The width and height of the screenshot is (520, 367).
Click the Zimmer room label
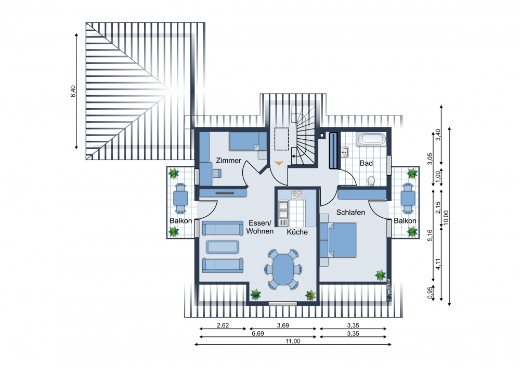pos(228,161)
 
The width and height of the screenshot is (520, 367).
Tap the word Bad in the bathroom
pos(366,163)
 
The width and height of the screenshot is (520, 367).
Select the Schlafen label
pos(350,212)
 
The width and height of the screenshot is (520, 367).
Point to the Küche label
pos(297,232)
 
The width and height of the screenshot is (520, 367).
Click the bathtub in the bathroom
pos(371,139)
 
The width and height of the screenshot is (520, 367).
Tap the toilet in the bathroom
pos(371,181)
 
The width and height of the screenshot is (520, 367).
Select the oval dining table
pos(283,269)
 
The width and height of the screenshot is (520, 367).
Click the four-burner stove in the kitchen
pos(297,194)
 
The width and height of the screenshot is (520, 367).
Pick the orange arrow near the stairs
pos(279,163)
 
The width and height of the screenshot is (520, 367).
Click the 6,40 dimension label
pos(73,91)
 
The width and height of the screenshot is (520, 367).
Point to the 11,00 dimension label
pos(293,341)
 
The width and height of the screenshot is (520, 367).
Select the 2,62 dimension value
pos(223,325)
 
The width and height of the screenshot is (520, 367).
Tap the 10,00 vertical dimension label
pos(446,217)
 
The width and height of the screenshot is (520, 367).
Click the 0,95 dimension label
pos(431,293)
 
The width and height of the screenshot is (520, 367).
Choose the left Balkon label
pos(181,221)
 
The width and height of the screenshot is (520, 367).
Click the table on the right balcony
pos(408,199)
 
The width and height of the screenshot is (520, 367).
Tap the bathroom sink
pos(345,152)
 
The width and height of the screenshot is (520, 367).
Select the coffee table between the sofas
pos(222,247)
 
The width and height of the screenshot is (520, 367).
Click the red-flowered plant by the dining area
pos(310,295)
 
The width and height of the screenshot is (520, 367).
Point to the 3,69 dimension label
pos(283,325)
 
